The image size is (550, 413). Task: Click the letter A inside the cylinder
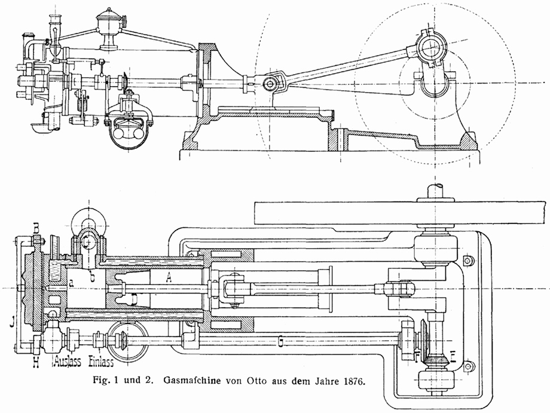pyautogui.click(x=169, y=278)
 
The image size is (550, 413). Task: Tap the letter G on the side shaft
pyautogui.click(x=280, y=341)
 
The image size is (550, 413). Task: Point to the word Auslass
pyautogui.click(x=68, y=361)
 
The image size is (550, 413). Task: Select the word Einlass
pyautogui.click(x=101, y=361)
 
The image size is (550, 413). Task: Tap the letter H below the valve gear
pyautogui.click(x=36, y=362)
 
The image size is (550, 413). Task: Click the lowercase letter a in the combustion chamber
pyautogui.click(x=71, y=284)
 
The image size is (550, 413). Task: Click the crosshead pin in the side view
pyautogui.click(x=270, y=84)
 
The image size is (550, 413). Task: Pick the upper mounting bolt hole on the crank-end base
pyautogui.click(x=467, y=260)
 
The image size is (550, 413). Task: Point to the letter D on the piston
pyautogui.click(x=135, y=299)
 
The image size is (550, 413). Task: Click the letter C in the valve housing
pyautogui.click(x=86, y=241)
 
